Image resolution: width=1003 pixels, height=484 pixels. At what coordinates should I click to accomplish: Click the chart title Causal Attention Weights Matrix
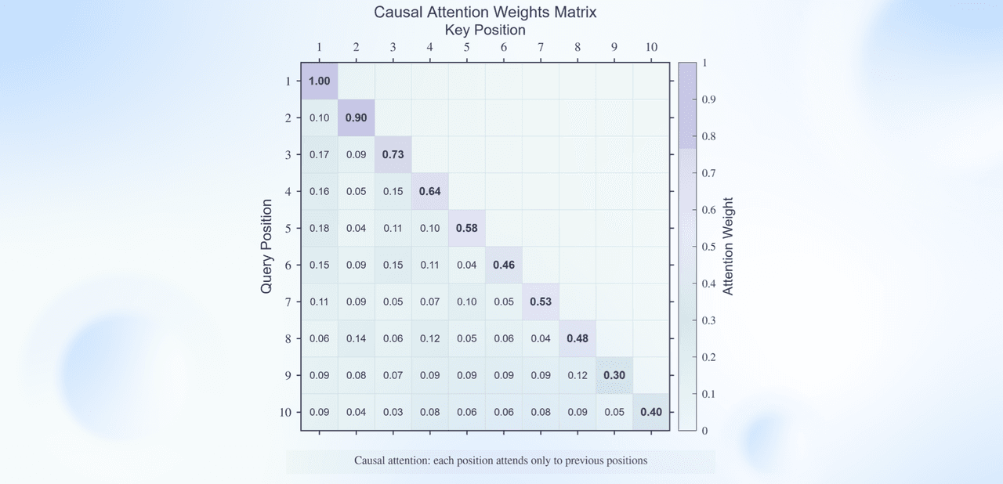485,13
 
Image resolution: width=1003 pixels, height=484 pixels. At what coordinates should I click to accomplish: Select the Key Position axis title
485,30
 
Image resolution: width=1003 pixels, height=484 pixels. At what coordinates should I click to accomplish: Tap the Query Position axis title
266,246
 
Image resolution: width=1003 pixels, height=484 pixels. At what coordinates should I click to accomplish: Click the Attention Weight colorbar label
728,246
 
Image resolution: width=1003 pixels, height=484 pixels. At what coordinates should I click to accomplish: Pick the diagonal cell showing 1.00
319,81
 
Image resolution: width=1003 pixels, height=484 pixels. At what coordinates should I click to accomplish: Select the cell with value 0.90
356,117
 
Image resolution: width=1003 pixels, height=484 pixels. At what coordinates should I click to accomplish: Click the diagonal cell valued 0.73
393,154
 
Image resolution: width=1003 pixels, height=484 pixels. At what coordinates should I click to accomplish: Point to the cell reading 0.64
429,191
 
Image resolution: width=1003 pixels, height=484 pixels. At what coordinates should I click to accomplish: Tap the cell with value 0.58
466,228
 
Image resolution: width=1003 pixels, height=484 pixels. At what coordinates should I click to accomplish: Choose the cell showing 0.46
503,265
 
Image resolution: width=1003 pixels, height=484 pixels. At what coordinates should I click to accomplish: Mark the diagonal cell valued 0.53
541,302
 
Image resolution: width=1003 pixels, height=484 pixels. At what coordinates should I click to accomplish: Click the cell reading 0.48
578,338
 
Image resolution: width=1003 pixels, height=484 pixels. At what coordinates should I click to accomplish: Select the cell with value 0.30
614,375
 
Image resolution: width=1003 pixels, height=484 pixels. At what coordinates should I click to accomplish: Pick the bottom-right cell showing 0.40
651,412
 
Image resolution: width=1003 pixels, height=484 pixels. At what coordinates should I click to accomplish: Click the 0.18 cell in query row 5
319,228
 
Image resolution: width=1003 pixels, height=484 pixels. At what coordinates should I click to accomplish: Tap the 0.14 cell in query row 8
356,338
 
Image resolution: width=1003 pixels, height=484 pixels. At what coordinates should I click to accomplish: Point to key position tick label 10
651,47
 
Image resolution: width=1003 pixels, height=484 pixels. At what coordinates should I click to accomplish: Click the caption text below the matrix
501,461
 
